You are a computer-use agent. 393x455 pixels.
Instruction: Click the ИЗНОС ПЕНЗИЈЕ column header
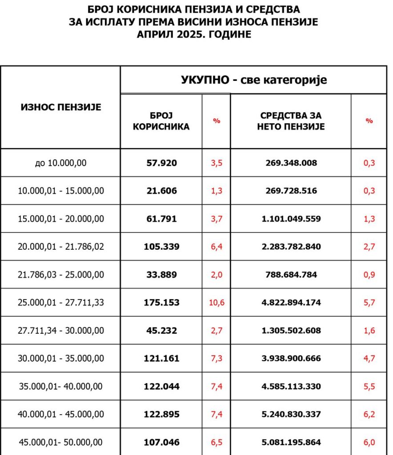pyautogui.click(x=61, y=107)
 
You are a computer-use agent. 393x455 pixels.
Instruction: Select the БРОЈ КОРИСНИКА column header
pyautogui.click(x=161, y=121)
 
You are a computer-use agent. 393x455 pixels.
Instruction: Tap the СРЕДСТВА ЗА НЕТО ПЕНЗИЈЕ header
pyautogui.click(x=291, y=121)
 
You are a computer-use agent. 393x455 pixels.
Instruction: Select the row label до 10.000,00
pyautogui.click(x=60, y=163)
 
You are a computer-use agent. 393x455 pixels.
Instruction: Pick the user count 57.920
pyautogui.click(x=161, y=163)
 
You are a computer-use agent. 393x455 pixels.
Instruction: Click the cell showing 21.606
pyautogui.click(x=161, y=191)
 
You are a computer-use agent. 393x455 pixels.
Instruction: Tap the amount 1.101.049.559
pyautogui.click(x=291, y=219)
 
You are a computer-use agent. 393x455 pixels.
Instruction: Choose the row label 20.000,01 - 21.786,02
pyautogui.click(x=61, y=247)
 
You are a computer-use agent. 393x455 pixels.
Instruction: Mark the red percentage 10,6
pyautogui.click(x=217, y=303)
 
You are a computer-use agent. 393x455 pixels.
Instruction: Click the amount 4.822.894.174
pyautogui.click(x=291, y=303)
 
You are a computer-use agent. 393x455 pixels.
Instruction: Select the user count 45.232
pyautogui.click(x=161, y=331)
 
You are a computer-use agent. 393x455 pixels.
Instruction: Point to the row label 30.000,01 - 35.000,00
pyautogui.click(x=61, y=359)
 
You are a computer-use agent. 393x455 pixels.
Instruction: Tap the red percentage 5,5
pyautogui.click(x=369, y=387)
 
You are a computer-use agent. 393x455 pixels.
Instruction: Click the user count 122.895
pyautogui.click(x=161, y=415)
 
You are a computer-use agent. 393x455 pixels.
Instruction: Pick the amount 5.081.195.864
pyautogui.click(x=291, y=443)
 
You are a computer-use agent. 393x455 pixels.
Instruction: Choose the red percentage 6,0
pyautogui.click(x=369, y=443)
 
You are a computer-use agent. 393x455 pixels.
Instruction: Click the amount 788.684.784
pyautogui.click(x=291, y=275)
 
